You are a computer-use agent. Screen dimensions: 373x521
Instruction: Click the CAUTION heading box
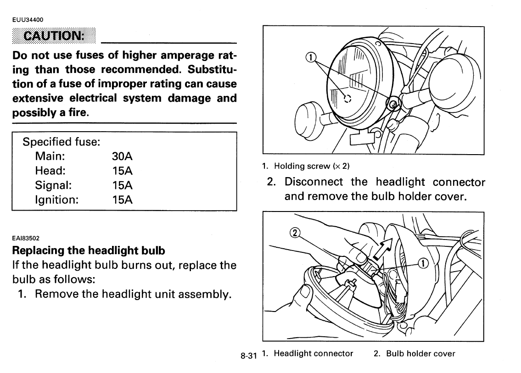54,35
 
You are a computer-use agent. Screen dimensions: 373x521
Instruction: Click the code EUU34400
28,19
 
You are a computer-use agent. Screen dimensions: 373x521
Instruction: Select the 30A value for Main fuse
122,156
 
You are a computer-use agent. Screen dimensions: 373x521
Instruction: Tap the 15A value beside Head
122,171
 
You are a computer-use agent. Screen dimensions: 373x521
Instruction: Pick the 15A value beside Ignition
122,200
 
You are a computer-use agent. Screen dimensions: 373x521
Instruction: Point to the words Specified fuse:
61,142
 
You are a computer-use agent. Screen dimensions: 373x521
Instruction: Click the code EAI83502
26,238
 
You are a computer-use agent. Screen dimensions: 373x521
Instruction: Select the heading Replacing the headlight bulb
88,251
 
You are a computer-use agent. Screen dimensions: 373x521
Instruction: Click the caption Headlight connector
313,353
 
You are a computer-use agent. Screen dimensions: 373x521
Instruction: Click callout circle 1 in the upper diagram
311,57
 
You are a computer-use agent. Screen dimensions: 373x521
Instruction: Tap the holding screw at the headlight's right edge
394,106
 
